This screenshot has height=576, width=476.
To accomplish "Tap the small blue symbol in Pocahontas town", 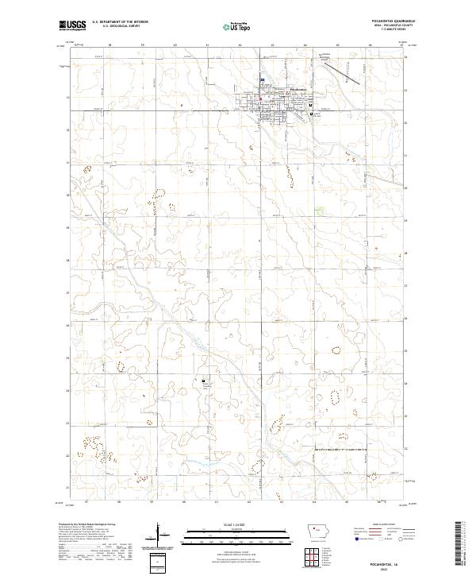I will [x=262, y=84].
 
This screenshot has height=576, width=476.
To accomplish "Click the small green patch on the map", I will [x=319, y=211].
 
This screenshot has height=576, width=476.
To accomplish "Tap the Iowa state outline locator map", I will [x=320, y=531].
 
